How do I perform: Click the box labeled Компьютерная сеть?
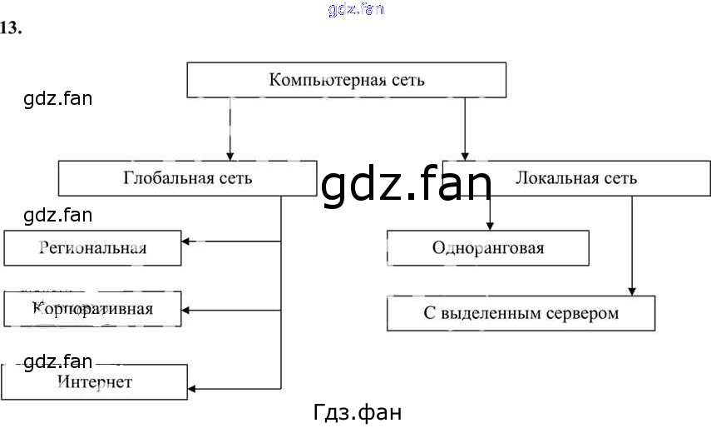pos(346,81)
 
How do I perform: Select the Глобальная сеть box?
pos(187,178)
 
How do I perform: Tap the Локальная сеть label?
pos(576,178)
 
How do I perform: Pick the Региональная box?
pos(92,248)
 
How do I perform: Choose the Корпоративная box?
pos(92,309)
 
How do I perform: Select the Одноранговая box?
pos(488,248)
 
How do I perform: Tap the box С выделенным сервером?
pos(521,313)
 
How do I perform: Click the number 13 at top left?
pos(11,27)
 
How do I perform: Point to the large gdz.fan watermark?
pos(407,185)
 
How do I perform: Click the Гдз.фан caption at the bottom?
pos(358,412)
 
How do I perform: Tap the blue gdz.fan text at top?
pos(357,9)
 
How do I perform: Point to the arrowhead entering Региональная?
pos(186,242)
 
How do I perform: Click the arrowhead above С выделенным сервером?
pos(632,291)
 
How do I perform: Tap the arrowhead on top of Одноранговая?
pos(490,225)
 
